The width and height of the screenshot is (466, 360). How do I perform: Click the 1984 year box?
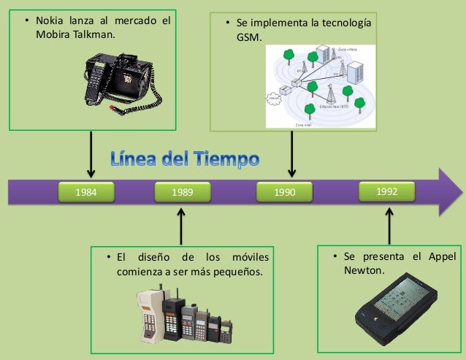point(88,193)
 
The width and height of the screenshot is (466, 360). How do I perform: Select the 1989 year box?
point(182,193)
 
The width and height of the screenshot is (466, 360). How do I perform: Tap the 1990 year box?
point(284,193)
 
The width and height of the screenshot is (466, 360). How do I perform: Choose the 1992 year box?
point(387,191)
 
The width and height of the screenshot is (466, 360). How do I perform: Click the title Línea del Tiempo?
point(184,158)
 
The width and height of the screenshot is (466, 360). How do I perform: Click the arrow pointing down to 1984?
point(91,155)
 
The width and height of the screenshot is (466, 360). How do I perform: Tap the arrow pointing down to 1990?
point(291,154)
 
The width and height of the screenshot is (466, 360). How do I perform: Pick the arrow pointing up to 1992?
point(389,224)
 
